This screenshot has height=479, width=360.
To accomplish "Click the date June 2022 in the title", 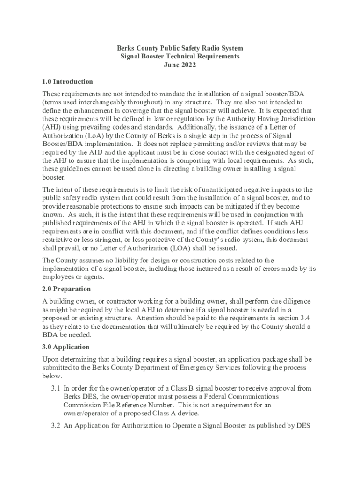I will coord(180,65).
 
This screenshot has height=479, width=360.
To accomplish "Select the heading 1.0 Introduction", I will coord(67,81).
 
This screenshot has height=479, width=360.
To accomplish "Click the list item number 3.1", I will coord(56,388).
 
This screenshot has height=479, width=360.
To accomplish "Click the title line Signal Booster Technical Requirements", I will coord(180,57).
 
